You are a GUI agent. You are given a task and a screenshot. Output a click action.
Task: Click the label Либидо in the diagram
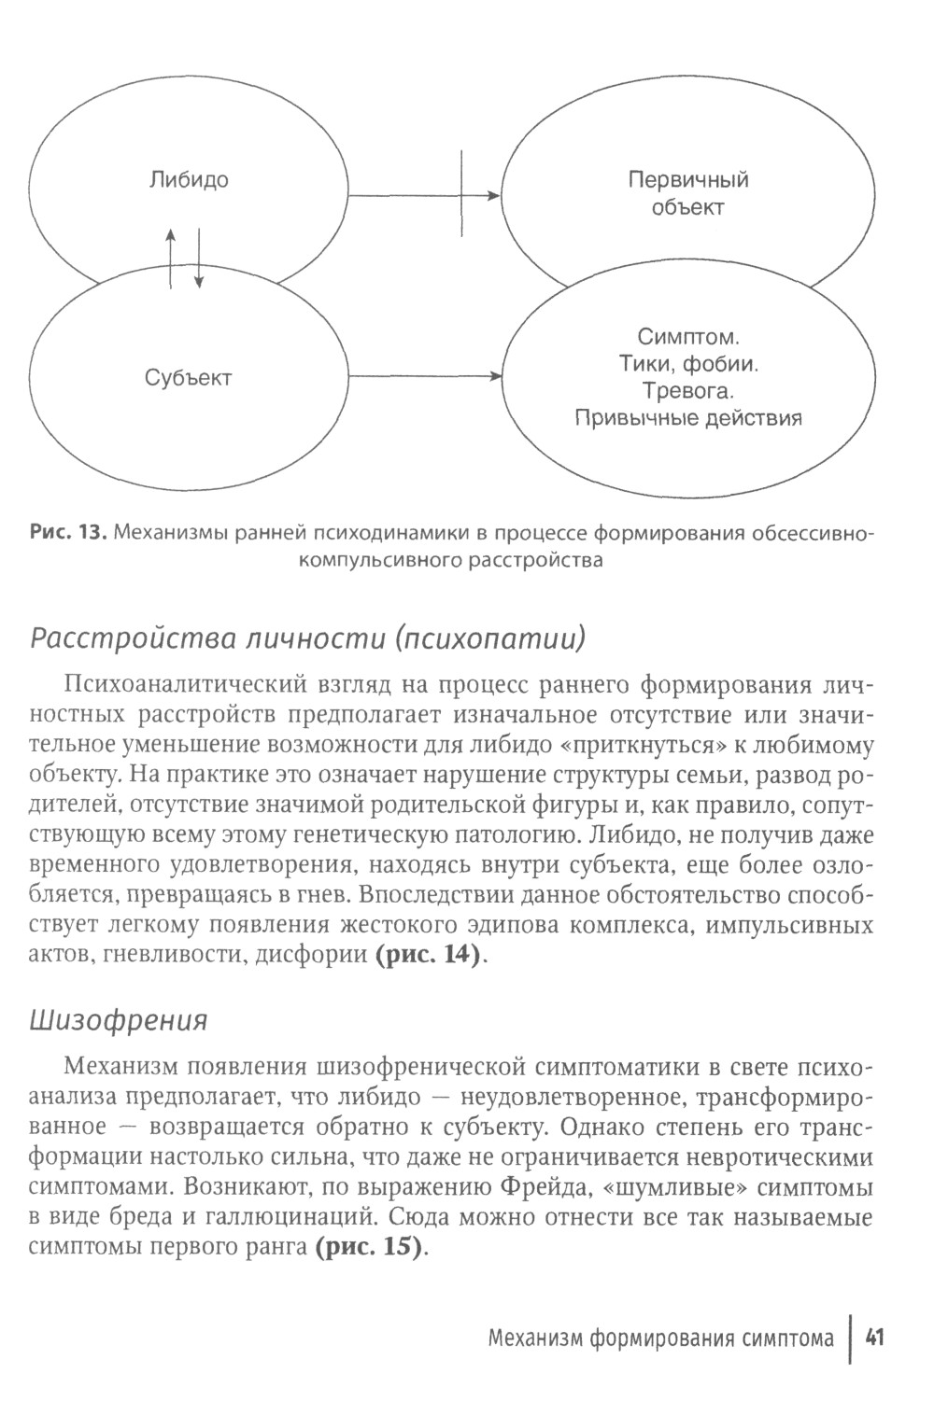189,180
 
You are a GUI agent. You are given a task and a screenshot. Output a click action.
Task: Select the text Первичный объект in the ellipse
687,193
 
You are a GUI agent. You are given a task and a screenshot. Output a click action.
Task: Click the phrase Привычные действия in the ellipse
687,417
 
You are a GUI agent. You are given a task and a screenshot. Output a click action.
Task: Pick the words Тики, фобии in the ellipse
687,362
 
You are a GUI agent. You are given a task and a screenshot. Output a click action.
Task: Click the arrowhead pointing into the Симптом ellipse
495,377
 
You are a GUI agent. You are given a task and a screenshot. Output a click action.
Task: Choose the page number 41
875,1338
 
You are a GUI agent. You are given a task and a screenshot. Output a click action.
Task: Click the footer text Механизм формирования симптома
660,1339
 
